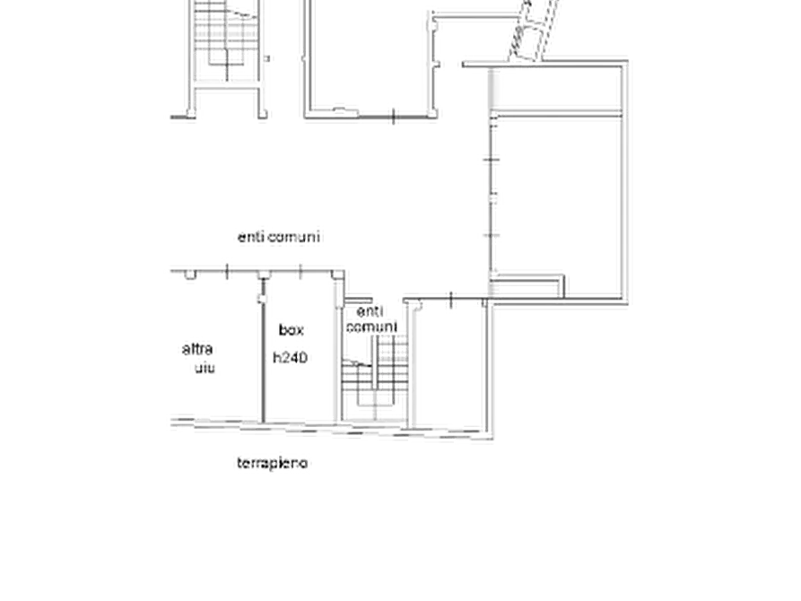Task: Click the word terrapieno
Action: (x=273, y=464)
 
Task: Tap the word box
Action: (x=292, y=330)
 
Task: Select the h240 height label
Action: (x=290, y=358)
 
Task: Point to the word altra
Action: (x=197, y=349)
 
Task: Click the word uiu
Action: (x=205, y=368)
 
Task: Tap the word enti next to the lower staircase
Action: (x=370, y=311)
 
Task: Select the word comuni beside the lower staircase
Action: (x=372, y=327)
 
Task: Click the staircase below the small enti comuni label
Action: (x=375, y=379)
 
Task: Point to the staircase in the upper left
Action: (x=226, y=41)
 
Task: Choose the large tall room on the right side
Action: (x=557, y=205)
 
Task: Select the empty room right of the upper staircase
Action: (x=369, y=57)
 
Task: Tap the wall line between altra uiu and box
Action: (x=263, y=358)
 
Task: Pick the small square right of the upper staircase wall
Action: (x=266, y=59)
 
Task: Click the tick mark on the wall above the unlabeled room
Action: (x=451, y=300)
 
